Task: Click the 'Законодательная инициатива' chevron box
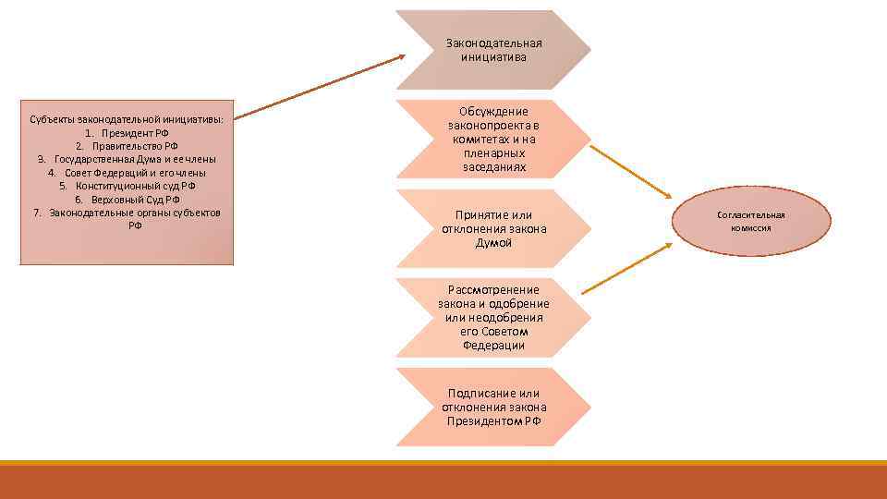(493, 50)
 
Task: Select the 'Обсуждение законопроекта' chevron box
(493, 139)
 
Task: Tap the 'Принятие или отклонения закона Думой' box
(493, 228)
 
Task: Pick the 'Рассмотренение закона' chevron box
(493, 318)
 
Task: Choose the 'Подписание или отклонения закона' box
(493, 407)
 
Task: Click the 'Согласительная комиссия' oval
(750, 221)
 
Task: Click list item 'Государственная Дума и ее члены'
(128, 159)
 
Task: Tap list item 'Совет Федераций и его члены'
(128, 173)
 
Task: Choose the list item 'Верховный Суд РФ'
(128, 200)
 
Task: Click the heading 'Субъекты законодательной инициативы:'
(128, 119)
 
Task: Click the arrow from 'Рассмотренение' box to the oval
(626, 269)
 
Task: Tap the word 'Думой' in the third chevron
(493, 242)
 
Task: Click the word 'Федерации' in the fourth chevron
(493, 345)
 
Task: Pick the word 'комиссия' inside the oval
(750, 227)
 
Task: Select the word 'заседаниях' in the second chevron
(493, 167)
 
